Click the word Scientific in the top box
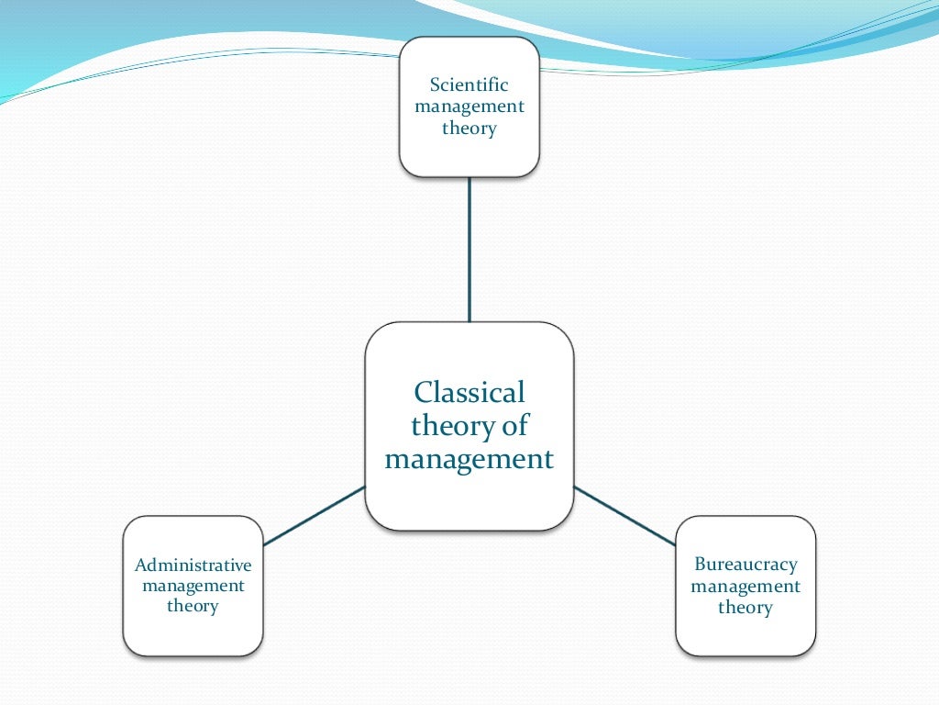469,84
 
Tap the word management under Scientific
469,106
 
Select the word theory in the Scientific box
469,128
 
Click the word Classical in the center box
469,393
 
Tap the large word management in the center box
469,458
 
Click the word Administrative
193,564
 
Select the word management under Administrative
193,585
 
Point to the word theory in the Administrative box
193,606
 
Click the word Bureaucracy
745,564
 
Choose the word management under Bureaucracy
745,586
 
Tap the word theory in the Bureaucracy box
745,607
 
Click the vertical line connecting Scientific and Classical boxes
469,248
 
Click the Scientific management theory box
469,156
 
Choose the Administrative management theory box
193,633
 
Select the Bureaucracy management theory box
745,633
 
